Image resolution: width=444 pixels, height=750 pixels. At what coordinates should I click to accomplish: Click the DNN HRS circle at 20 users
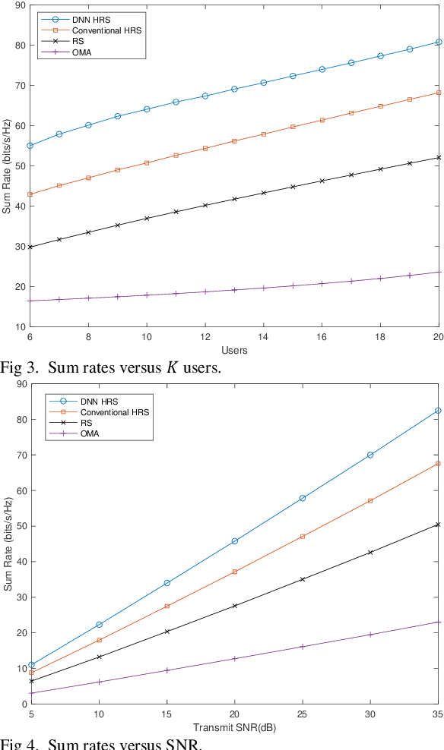(x=439, y=42)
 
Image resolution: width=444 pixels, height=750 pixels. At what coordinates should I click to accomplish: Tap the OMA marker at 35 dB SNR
(x=439, y=622)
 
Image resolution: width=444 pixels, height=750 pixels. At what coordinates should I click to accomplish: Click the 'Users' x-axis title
(x=234, y=350)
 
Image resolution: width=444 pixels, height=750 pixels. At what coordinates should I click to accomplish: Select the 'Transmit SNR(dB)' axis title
(x=234, y=726)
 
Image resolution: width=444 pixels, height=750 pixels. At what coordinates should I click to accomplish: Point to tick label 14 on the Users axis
(x=263, y=337)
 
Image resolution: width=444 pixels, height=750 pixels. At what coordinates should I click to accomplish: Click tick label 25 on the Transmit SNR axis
(x=303, y=714)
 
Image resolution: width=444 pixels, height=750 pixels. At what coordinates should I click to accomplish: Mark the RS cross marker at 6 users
(x=30, y=247)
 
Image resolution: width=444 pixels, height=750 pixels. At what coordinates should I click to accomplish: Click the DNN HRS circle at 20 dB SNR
(x=234, y=541)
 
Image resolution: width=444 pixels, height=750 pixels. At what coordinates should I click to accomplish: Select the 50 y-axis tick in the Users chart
(x=20, y=165)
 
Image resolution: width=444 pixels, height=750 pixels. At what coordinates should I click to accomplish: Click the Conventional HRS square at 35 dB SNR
(x=439, y=463)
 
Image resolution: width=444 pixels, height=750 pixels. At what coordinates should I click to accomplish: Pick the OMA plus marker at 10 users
(x=147, y=295)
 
